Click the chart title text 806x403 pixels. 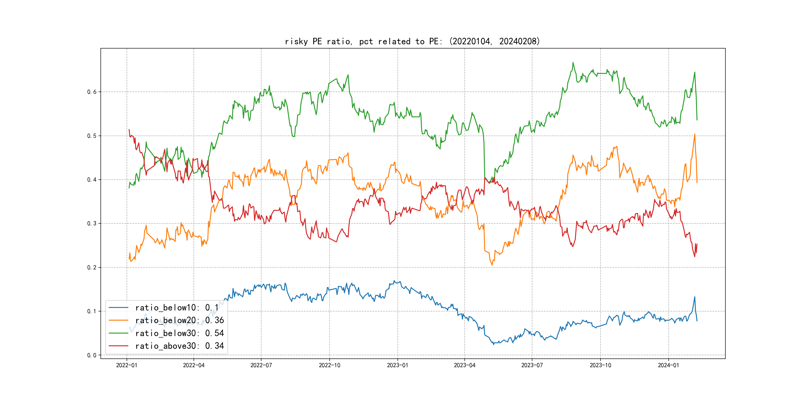(x=412, y=41)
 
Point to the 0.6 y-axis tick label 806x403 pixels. (x=92, y=92)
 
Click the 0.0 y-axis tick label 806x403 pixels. (x=92, y=355)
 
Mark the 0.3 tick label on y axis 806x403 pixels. (x=92, y=223)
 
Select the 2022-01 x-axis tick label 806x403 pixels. (x=127, y=365)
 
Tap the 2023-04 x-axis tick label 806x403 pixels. (x=465, y=365)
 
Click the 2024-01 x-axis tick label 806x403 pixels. (x=668, y=365)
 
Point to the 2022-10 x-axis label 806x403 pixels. (x=329, y=365)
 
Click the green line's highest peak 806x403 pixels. (x=573, y=63)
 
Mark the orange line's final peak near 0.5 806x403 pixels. (x=695, y=134)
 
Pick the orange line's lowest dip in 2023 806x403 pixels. (x=492, y=265)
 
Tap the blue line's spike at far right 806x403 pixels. (x=695, y=297)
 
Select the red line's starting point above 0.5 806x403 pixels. (x=129, y=130)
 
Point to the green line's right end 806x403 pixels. (x=697, y=120)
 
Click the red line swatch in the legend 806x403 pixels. (x=119, y=346)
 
